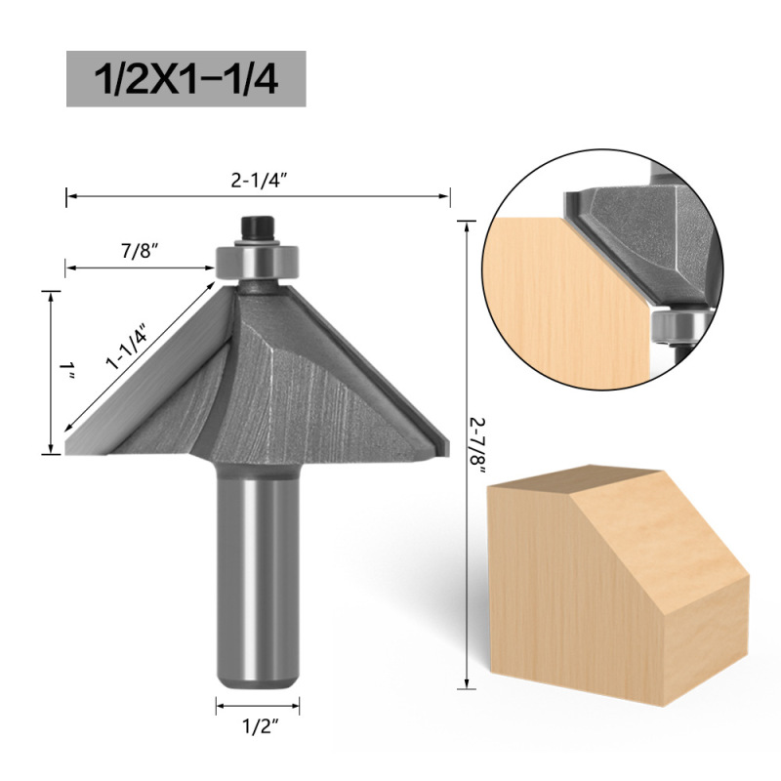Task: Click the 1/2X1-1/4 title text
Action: [185, 79]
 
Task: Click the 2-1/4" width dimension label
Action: [259, 181]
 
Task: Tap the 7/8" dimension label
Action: [140, 252]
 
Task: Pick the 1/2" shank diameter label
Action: [259, 727]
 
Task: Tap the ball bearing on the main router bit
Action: [257, 261]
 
